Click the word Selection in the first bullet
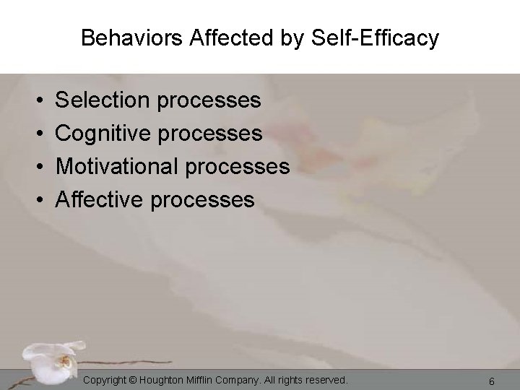click(x=103, y=100)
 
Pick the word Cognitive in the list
click(x=103, y=133)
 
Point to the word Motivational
click(x=118, y=166)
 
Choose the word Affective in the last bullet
click(x=101, y=199)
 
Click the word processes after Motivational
click(x=238, y=167)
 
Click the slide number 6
click(x=491, y=381)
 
